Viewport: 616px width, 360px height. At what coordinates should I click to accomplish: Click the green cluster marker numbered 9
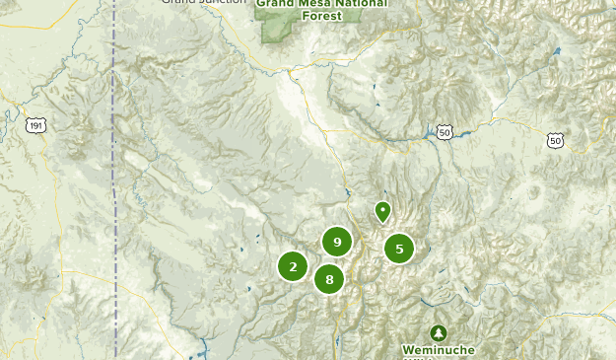click(x=337, y=241)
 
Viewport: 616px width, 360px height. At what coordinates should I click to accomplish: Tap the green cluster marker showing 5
click(x=399, y=249)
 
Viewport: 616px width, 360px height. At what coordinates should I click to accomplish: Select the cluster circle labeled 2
click(x=293, y=266)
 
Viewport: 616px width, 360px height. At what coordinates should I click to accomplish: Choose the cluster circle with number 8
click(x=329, y=279)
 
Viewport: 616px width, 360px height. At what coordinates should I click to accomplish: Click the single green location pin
click(x=382, y=211)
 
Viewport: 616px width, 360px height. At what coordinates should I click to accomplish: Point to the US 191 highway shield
click(x=36, y=124)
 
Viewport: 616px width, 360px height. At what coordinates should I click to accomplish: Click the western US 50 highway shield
click(x=445, y=131)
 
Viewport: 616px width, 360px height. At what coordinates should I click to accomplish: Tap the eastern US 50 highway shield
click(x=556, y=141)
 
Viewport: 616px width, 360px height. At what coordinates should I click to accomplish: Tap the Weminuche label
click(x=438, y=350)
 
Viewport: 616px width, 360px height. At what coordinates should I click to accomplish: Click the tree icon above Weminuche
click(x=438, y=332)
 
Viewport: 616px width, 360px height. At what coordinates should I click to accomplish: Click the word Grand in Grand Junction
click(x=178, y=2)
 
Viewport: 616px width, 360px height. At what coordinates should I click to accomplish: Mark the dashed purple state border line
click(x=114, y=197)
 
